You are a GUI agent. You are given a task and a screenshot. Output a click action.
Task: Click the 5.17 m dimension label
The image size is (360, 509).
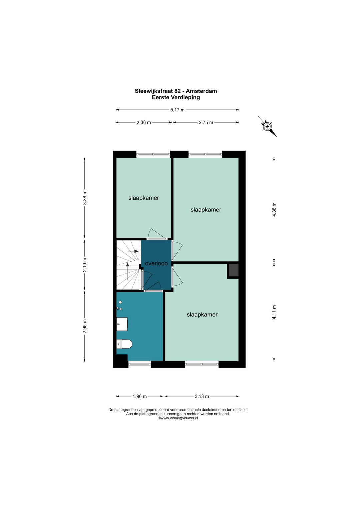[x=177, y=110]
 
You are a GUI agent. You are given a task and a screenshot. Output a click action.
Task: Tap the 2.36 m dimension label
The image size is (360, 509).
[x=144, y=122]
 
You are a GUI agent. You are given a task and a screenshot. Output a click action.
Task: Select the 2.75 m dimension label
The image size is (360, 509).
[x=206, y=122]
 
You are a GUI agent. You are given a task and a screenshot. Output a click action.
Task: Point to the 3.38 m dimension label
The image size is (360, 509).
[x=85, y=197]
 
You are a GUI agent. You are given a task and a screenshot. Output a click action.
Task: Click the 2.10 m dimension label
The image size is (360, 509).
[x=85, y=265]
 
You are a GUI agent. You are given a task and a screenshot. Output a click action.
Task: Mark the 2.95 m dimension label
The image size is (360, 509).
[x=85, y=326]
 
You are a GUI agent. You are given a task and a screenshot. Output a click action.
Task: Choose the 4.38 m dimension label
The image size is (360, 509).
[x=274, y=210]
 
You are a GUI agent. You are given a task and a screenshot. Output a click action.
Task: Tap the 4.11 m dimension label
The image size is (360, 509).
[x=274, y=312]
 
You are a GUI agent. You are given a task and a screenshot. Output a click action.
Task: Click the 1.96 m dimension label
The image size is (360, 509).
[x=140, y=396]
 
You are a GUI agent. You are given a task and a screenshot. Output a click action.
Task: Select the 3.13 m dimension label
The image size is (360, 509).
[x=202, y=396]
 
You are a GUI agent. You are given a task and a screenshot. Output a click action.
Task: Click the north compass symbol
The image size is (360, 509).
[x=267, y=126]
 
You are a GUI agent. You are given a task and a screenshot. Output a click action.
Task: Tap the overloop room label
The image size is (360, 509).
[x=156, y=263]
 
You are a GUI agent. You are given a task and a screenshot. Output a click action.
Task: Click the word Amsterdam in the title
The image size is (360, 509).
[x=201, y=91]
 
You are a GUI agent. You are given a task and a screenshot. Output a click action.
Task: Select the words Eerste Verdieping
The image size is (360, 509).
[x=176, y=97]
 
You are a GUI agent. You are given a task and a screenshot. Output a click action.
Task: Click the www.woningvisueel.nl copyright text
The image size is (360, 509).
[x=178, y=418]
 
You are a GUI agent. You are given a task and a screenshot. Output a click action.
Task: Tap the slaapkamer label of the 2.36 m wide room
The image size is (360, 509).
[x=144, y=198]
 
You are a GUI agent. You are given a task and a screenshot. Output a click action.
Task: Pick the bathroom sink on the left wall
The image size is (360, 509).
[x=122, y=324]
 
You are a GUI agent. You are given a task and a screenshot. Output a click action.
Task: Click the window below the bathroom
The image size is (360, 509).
[x=140, y=364]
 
